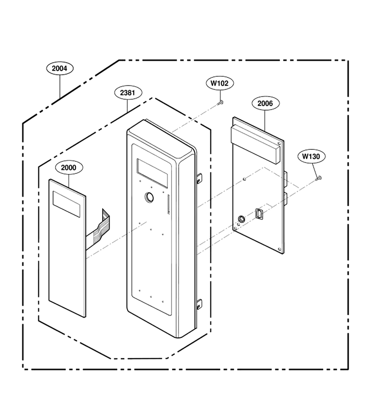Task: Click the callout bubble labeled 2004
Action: coord(60,68)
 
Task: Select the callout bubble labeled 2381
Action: coord(128,93)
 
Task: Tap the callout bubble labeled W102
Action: coord(220,83)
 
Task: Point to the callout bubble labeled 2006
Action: coord(265,103)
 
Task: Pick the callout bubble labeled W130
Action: coord(311,157)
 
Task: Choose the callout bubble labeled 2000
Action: coord(69,168)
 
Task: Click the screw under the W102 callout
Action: coord(220,103)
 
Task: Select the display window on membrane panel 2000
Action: coord(67,204)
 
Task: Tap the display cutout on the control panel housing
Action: coord(152,173)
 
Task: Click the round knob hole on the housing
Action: coord(149,197)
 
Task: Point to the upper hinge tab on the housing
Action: coord(199,178)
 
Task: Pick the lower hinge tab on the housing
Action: coord(199,304)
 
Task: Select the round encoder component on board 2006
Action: coord(241,219)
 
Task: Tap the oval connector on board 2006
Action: coord(259,214)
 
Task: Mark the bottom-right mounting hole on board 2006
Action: coord(279,249)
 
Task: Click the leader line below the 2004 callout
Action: coord(60,86)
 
